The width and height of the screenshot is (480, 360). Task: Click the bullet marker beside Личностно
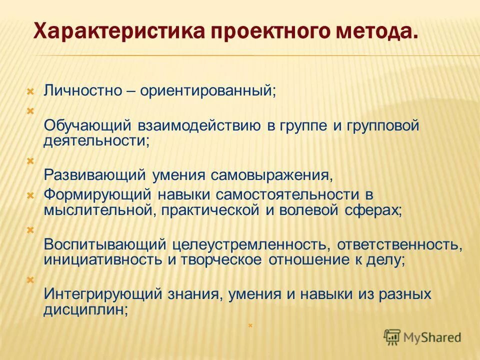click(30, 91)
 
